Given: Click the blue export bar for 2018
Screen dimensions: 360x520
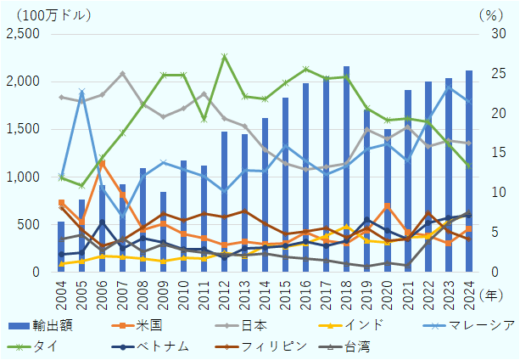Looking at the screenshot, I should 347,170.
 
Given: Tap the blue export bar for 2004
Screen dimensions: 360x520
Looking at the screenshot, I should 61,247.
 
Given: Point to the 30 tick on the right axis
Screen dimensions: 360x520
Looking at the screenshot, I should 490,34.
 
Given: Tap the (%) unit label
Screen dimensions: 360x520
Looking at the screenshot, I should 490,14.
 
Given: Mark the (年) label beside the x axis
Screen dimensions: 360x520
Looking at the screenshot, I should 492,294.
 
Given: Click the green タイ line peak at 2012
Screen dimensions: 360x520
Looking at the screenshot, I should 225,56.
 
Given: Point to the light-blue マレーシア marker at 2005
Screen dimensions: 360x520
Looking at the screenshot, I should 81,92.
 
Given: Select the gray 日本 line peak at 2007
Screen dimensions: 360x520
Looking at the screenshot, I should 123,73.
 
